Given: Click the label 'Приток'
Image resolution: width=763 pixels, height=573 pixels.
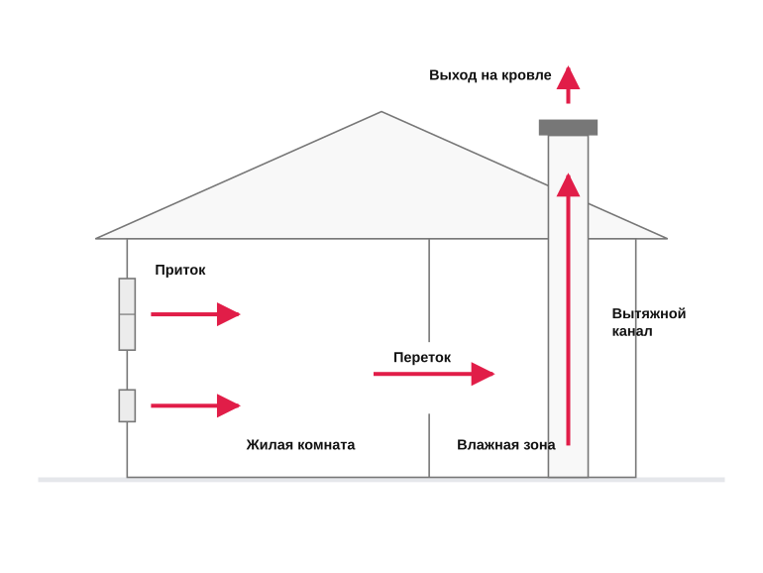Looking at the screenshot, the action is pyautogui.click(x=180, y=271).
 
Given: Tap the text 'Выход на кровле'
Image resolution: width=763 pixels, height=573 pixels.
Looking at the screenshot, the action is pyautogui.click(x=490, y=75).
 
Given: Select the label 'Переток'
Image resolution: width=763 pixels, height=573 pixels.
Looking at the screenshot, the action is pyautogui.click(x=422, y=357).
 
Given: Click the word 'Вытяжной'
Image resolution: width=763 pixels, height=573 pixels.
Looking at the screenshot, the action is pyautogui.click(x=649, y=313).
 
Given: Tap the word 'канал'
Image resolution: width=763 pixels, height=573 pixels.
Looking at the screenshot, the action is pyautogui.click(x=632, y=331).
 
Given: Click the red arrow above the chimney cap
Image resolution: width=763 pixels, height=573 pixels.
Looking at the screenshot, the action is pyautogui.click(x=568, y=84).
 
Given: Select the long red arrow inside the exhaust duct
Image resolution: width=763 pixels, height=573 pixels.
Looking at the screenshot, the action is pyautogui.click(x=568, y=309).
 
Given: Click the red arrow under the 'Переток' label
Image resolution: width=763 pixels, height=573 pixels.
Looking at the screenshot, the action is pyautogui.click(x=434, y=374).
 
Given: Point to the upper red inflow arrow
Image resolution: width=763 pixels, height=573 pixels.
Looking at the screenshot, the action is pyautogui.click(x=195, y=314).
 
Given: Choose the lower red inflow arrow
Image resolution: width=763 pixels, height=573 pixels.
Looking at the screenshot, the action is pyautogui.click(x=195, y=405).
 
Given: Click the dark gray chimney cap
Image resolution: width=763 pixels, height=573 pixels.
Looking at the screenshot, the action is pyautogui.click(x=568, y=128).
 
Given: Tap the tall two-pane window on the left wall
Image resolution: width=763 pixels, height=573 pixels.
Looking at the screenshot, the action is pyautogui.click(x=127, y=314).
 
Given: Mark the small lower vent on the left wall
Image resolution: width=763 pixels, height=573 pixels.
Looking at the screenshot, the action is pyautogui.click(x=127, y=405).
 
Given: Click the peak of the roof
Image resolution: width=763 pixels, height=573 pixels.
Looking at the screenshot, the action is pyautogui.click(x=381, y=112).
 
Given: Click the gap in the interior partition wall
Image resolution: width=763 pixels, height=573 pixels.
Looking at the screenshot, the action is pyautogui.click(x=429, y=378).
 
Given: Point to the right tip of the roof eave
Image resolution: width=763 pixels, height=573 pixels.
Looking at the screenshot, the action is pyautogui.click(x=667, y=239).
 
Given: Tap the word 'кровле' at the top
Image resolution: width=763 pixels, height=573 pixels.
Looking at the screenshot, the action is pyautogui.click(x=526, y=75).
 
